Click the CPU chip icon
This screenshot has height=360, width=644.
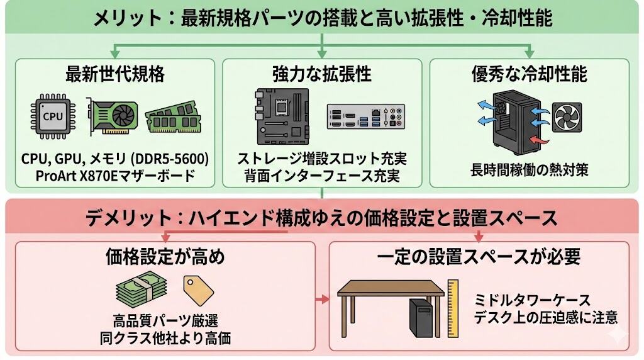[x=53, y=116]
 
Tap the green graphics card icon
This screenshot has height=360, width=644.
[x=113, y=118]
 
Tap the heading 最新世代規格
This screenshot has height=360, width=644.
[x=115, y=74]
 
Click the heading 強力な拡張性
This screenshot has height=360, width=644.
[x=322, y=74]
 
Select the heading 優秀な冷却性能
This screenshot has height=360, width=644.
[x=529, y=74]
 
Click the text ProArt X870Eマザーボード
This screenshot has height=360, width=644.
[x=115, y=176]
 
